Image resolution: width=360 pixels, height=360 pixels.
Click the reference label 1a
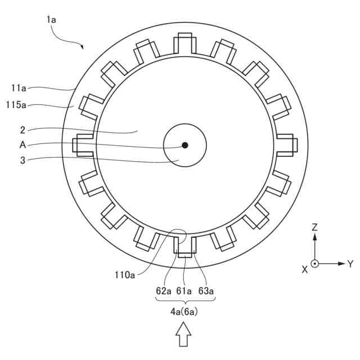(x=51, y=19)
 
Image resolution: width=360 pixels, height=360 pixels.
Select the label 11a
(x=19, y=88)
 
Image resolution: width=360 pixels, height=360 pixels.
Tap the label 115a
(x=16, y=105)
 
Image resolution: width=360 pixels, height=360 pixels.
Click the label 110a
(x=125, y=275)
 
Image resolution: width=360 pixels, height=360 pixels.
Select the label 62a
(x=164, y=291)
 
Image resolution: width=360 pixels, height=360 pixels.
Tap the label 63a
(x=206, y=291)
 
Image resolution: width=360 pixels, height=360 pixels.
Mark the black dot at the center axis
(x=185, y=145)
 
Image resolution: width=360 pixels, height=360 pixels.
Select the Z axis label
(x=315, y=228)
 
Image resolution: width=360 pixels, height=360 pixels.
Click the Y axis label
(x=350, y=263)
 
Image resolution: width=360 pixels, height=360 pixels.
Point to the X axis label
(x=305, y=269)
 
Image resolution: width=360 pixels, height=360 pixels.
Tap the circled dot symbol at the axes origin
(x=315, y=263)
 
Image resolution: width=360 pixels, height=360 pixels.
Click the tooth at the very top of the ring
(x=184, y=43)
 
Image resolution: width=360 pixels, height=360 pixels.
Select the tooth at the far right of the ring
(x=285, y=145)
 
